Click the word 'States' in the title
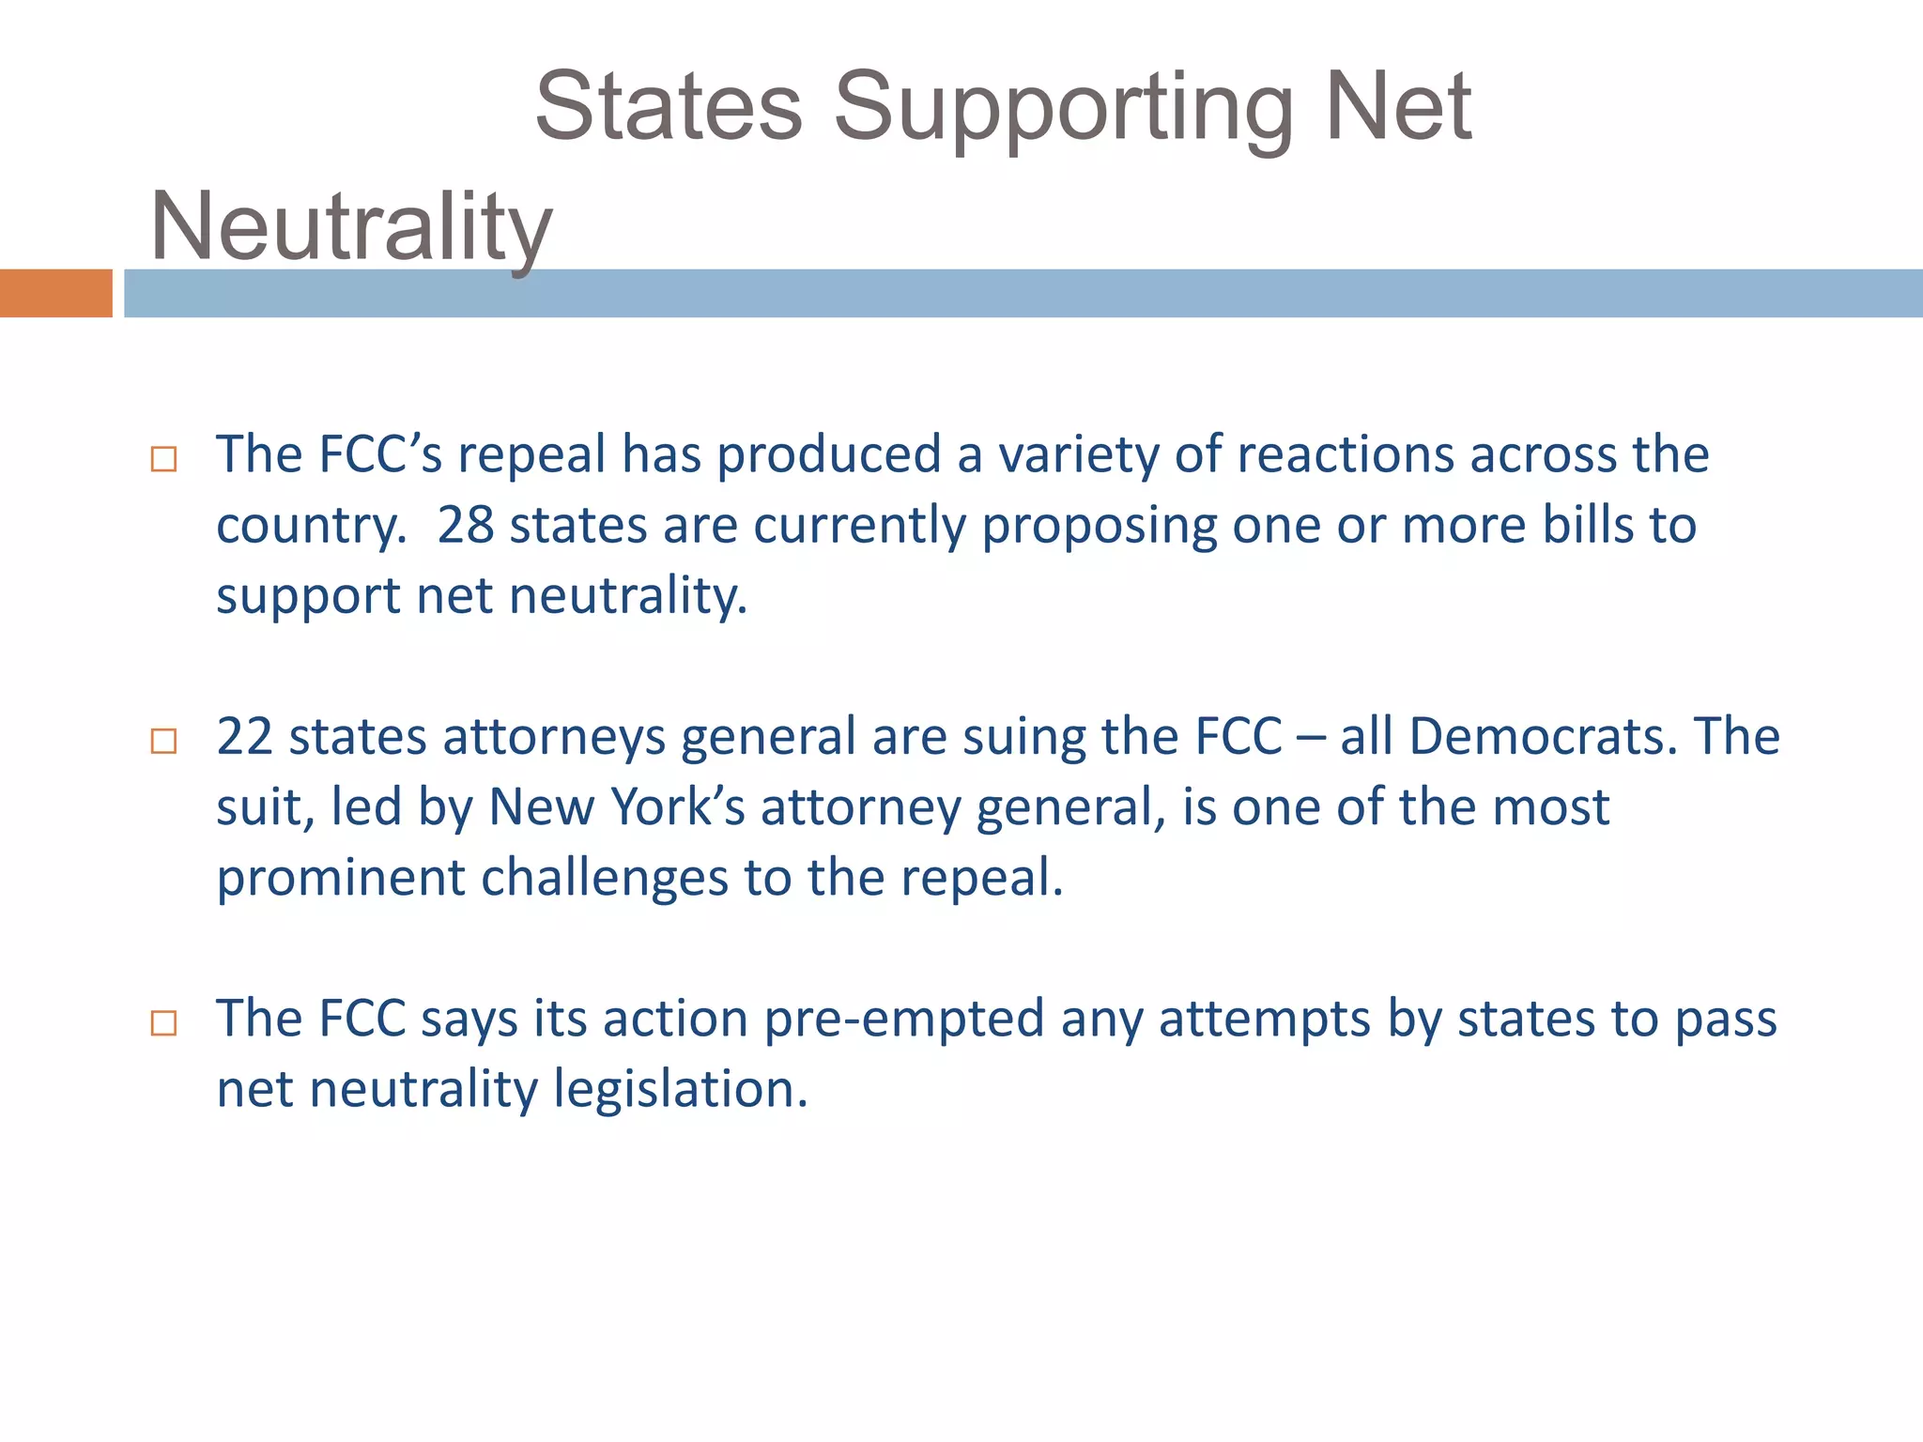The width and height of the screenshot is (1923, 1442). coord(669,107)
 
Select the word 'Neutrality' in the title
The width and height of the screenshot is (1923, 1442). coord(351,228)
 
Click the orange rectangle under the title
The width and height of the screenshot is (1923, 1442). coord(55,293)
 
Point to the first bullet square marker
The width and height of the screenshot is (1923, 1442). coord(163,459)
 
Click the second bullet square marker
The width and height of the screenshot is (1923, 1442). coord(163,741)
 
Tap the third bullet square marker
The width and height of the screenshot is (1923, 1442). coord(163,1022)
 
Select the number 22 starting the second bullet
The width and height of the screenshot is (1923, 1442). coord(244,736)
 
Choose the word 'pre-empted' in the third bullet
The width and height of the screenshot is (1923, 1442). coord(904,1019)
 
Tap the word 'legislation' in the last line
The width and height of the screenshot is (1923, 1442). coord(680,1090)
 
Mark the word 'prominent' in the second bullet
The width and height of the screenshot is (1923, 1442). coord(340,879)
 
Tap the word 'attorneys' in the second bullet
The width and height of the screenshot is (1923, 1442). coord(554,738)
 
